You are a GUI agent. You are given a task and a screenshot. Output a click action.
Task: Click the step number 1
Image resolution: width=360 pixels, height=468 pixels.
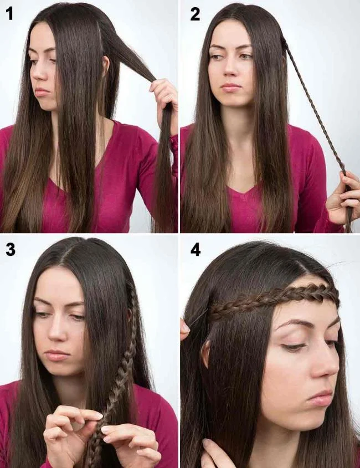tap(9, 14)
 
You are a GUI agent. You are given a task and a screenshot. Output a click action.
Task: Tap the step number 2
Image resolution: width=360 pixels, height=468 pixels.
tap(195, 14)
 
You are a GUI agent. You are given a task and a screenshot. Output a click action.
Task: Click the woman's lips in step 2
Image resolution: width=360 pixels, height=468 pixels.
tap(231, 87)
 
